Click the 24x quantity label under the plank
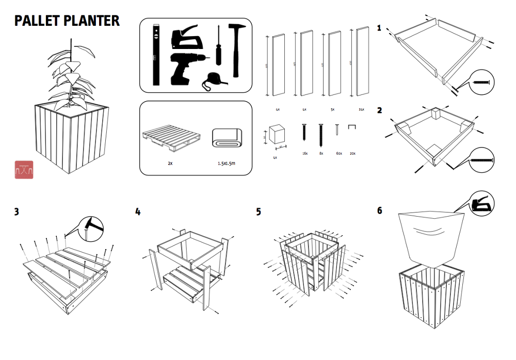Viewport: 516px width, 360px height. pyautogui.click(x=361, y=109)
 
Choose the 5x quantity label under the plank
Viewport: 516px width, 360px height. pyautogui.click(x=332, y=109)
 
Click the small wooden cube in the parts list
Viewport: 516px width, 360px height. pyautogui.click(x=278, y=135)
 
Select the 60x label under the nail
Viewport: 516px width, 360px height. pyautogui.click(x=338, y=153)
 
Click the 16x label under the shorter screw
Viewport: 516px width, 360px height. pyautogui.click(x=305, y=153)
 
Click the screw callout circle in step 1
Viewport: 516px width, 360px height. pyautogui.click(x=482, y=82)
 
